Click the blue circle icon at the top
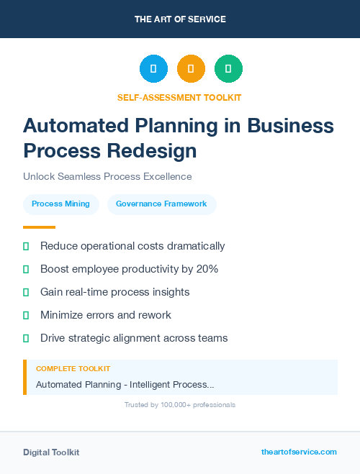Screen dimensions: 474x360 point(153,69)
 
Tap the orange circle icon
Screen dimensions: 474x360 point(191,69)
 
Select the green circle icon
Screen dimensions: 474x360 point(228,69)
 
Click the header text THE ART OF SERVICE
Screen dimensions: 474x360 point(180,19)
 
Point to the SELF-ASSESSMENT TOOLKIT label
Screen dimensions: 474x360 point(179,97)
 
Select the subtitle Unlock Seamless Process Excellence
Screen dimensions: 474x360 point(107,176)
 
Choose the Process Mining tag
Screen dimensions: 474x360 point(61,204)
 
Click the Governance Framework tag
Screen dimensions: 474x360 point(161,204)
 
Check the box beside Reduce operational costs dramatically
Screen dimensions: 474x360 point(26,246)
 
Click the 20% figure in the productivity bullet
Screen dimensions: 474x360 point(206,269)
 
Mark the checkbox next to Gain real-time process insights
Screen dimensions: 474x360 point(26,292)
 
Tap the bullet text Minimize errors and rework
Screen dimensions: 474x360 point(106,315)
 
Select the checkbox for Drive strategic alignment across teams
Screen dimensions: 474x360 point(26,338)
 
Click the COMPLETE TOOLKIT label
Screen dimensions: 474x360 point(73,369)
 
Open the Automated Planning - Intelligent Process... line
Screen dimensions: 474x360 point(125,385)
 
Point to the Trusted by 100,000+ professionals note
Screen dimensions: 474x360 point(180,405)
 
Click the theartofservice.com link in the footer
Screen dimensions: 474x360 point(299,452)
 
